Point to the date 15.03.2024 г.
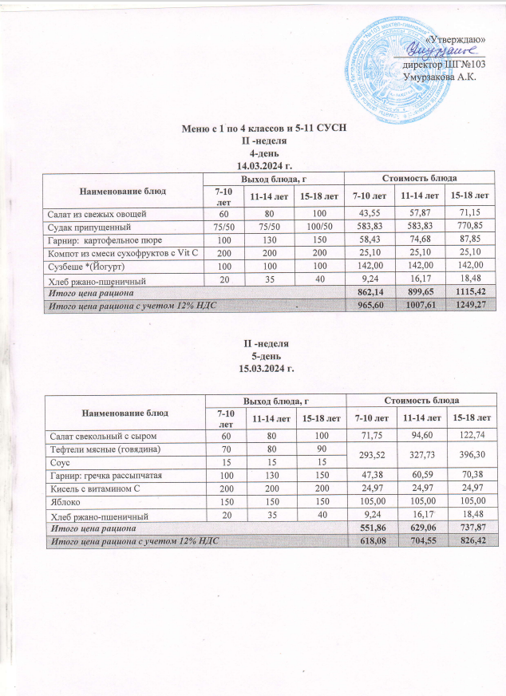tap(263, 369)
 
